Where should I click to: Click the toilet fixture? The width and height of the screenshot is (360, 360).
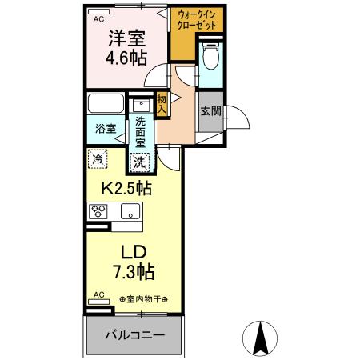point(210,58)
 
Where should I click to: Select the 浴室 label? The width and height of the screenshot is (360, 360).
point(106,129)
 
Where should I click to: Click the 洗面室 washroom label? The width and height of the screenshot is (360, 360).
point(141,131)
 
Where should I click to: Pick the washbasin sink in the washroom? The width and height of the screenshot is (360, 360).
point(141,105)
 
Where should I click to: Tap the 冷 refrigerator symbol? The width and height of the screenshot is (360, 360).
point(96,159)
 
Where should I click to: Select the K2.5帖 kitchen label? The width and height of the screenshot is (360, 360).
point(126,190)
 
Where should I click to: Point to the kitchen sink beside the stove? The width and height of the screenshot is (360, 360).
point(129,212)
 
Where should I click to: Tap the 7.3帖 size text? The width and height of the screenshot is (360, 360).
point(126,272)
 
